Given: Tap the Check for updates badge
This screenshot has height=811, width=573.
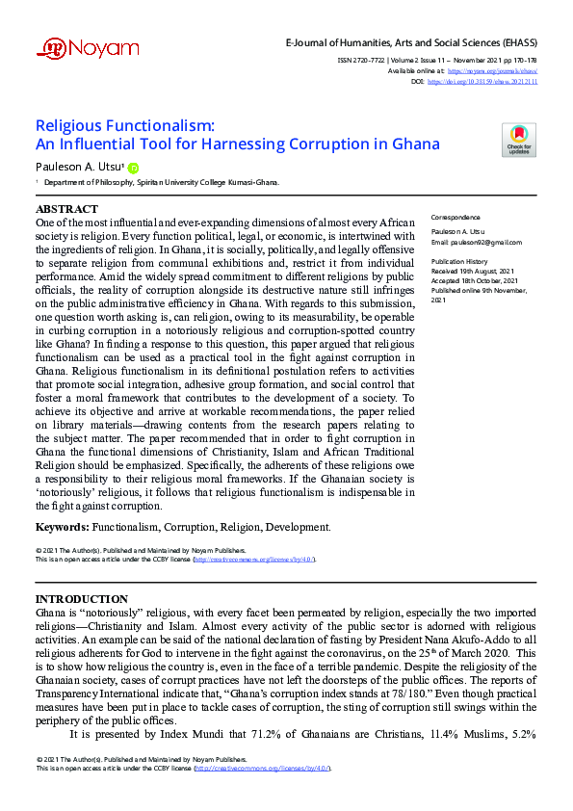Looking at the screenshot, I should coord(519,141).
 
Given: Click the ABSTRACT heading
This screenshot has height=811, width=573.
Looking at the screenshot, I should coord(66,209).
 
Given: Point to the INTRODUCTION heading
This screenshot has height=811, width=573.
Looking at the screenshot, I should coord(82,599).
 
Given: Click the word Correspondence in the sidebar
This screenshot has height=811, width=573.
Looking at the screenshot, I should coord(456,218).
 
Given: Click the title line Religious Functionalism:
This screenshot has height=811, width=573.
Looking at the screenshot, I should coord(125,125).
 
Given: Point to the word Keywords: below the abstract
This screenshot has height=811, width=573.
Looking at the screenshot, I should coord(63,527).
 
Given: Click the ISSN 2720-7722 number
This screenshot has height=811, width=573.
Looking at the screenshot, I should coord(370,60).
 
